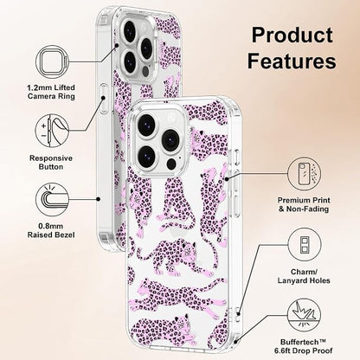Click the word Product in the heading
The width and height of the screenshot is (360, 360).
coord(292,35)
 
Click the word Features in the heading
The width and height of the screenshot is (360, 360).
coord(292,61)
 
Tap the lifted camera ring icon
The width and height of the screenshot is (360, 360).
coord(52,61)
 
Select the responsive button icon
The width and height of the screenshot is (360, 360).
coord(52,131)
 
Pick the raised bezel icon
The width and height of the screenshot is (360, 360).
coord(52,199)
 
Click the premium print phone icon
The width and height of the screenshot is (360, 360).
coord(305,174)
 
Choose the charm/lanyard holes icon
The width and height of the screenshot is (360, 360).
coord(305,245)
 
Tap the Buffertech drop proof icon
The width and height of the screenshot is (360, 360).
coord(305,316)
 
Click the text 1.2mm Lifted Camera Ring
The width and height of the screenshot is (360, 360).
coord(51,92)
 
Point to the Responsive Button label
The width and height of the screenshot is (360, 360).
coord(51,163)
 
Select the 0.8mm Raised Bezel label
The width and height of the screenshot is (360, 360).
coord(51,230)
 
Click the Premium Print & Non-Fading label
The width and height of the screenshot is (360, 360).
coord(304,204)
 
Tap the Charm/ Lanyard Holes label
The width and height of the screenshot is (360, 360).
coord(304,276)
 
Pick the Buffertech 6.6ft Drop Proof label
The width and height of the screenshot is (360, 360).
coord(304,346)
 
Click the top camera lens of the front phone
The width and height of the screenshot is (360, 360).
coord(147,123)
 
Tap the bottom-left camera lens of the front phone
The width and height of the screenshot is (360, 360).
coord(147,156)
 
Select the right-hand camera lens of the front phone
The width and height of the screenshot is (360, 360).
coord(170,139)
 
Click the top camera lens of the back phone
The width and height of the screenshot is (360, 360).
coord(129,29)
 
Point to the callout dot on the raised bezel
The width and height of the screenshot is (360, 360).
coord(99,199)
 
